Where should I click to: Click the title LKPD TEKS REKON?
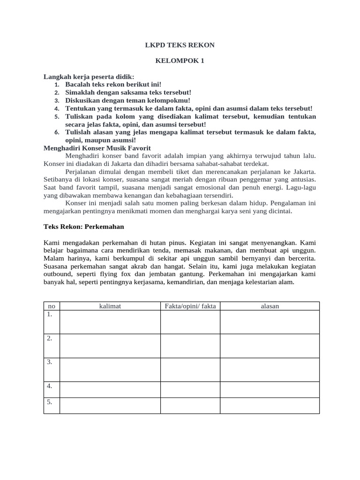[x=180, y=45]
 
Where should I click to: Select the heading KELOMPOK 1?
[x=180, y=61]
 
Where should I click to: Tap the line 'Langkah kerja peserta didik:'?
[x=89, y=76]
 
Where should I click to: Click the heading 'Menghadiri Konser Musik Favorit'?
[x=97, y=148]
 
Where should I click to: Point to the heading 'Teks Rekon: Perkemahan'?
[x=83, y=226]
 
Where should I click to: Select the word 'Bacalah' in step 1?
[x=77, y=84]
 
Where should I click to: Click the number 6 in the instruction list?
[x=57, y=133]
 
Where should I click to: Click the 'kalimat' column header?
[x=110, y=306]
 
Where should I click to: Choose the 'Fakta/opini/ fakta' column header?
[x=190, y=306]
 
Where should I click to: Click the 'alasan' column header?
[x=270, y=306]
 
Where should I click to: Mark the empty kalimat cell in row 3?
[x=110, y=369]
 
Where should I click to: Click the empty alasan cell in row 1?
[x=270, y=322]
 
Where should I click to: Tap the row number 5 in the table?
[x=50, y=402]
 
